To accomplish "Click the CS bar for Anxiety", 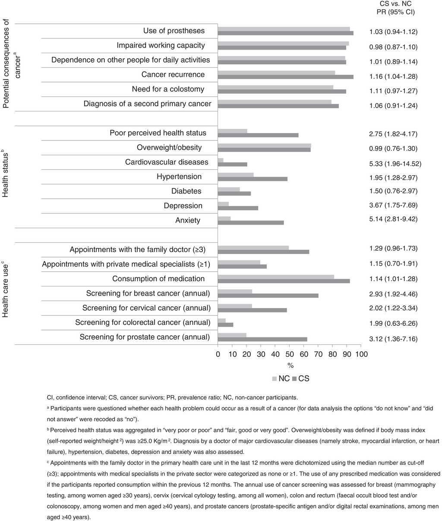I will click(x=251, y=223).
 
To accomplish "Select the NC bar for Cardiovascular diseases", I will click(x=221, y=160).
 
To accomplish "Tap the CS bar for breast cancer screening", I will click(x=268, y=296).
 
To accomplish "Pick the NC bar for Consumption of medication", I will click(x=276, y=276).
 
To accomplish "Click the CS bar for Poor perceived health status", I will click(x=258, y=135).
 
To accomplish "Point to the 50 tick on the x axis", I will click(x=289, y=354).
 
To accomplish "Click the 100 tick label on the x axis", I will click(x=360, y=354).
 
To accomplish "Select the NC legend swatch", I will click(x=274, y=379).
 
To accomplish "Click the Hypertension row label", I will click(x=179, y=176).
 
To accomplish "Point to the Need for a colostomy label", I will click(x=168, y=89).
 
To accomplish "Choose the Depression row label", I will click(x=183, y=206).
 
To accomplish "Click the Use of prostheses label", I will click(x=174, y=31).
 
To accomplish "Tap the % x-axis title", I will click(x=290, y=365).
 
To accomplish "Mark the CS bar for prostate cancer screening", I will click(x=262, y=340).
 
